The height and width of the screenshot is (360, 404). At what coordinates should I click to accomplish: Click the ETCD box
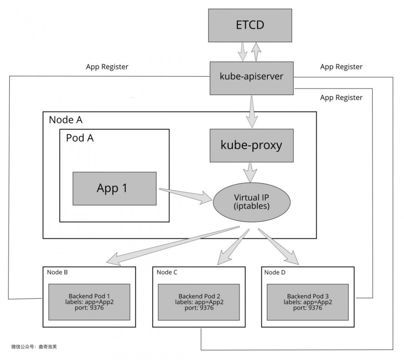pyautogui.click(x=250, y=25)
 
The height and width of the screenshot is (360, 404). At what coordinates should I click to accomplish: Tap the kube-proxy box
pyautogui.click(x=251, y=145)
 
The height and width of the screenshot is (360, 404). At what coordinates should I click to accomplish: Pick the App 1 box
pyautogui.click(x=114, y=188)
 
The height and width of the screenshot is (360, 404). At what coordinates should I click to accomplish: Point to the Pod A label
pyautogui.click(x=80, y=138)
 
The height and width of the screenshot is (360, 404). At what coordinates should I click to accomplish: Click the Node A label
pyautogui.click(x=65, y=120)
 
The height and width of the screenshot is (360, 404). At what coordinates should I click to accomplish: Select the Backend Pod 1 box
pyautogui.click(x=89, y=302)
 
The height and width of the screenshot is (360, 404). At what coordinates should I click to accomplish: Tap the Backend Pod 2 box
pyautogui.click(x=199, y=302)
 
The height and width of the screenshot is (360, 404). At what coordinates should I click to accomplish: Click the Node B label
pyautogui.click(x=57, y=272)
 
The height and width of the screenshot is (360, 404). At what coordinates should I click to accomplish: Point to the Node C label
pyautogui.click(x=167, y=272)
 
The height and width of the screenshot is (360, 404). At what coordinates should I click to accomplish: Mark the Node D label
pyautogui.click(x=275, y=272)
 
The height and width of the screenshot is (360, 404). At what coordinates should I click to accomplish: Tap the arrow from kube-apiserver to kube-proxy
pyautogui.click(x=251, y=111)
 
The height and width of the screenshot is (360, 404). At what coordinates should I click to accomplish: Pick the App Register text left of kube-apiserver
pyautogui.click(x=107, y=67)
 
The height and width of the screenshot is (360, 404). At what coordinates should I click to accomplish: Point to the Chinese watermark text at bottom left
pyautogui.click(x=37, y=347)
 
